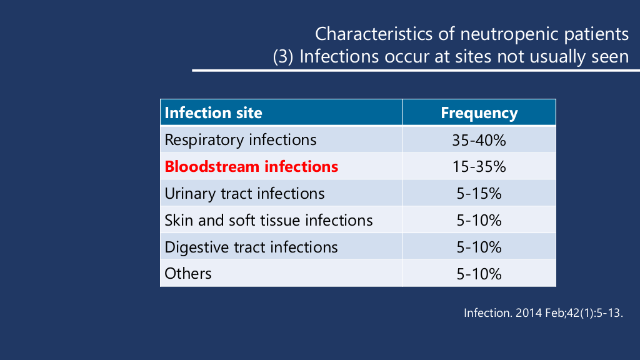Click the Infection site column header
(x=213, y=112)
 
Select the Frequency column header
(x=479, y=112)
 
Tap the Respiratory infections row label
(x=241, y=139)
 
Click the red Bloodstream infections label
(x=251, y=166)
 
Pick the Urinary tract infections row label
(x=244, y=194)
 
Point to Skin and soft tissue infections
(x=269, y=221)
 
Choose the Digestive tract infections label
(x=251, y=247)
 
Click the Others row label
(x=187, y=274)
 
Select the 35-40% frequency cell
(x=479, y=141)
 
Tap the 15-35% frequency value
(x=479, y=166)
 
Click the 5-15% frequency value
(x=479, y=194)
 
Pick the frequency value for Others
(x=479, y=274)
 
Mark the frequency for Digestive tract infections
(x=479, y=247)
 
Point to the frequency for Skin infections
(x=479, y=221)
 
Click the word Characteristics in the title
(x=374, y=34)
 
